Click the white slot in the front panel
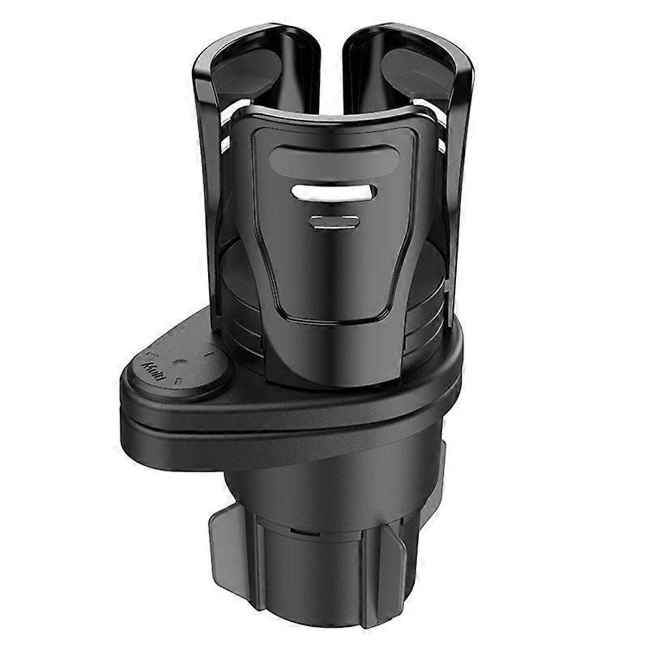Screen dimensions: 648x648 [334, 193]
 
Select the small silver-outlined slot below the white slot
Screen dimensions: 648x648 [334, 222]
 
